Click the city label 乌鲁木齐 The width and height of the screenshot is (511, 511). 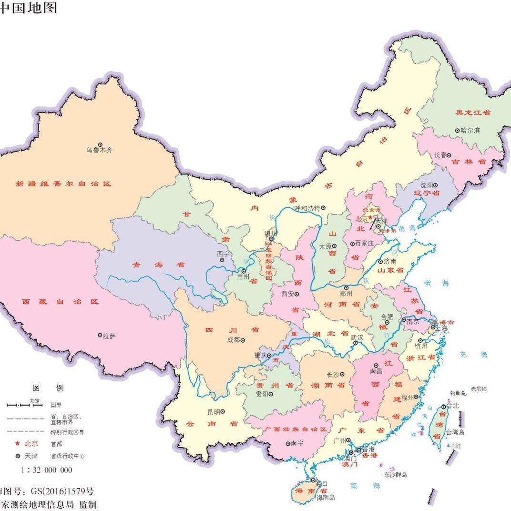pos(100,150)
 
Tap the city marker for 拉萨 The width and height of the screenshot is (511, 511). pos(100,336)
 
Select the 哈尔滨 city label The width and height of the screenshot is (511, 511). pos(470,130)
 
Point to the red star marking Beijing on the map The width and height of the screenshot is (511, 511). pos(369,217)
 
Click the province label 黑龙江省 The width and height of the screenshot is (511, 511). pos(473,112)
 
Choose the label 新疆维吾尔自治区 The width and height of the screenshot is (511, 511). pos(63,184)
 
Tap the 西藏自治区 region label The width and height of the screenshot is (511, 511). pos(60,302)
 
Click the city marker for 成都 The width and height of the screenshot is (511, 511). pos(243,340)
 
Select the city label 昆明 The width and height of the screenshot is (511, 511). pos(214,412)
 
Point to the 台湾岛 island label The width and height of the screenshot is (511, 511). pos(455,432)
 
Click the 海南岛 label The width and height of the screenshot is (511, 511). pos(326,498)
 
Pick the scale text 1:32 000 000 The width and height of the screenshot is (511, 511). pos(47,470)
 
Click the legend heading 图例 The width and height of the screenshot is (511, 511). pos(48,388)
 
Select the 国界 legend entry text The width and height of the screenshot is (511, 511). pos(56,405)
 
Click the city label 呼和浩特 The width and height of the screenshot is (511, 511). pos(306,208)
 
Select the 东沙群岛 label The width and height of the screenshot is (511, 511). pos(395,475)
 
